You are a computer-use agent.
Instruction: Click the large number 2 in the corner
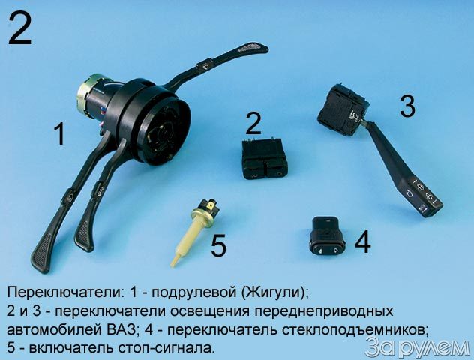click(19, 29)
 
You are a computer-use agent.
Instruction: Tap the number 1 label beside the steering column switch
click(59, 135)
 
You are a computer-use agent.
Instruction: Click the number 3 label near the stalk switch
click(407, 106)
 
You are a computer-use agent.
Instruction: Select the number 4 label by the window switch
click(363, 241)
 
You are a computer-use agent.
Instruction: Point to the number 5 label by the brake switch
click(218, 246)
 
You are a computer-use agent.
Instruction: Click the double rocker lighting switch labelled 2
click(265, 158)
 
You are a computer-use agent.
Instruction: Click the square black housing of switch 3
click(343, 110)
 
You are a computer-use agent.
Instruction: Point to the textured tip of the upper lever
click(253, 48)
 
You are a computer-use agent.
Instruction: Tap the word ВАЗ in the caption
click(121, 329)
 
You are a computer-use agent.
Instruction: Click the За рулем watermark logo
click(417, 348)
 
